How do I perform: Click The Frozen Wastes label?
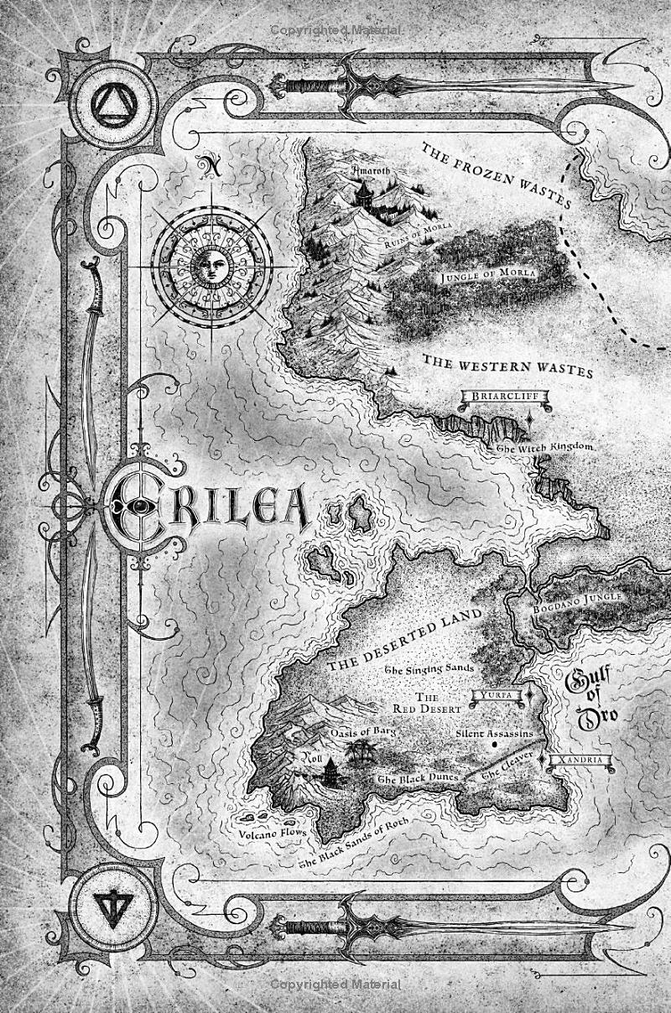click(x=495, y=178)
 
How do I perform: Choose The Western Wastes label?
click(x=507, y=366)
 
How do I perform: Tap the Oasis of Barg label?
click(x=362, y=732)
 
